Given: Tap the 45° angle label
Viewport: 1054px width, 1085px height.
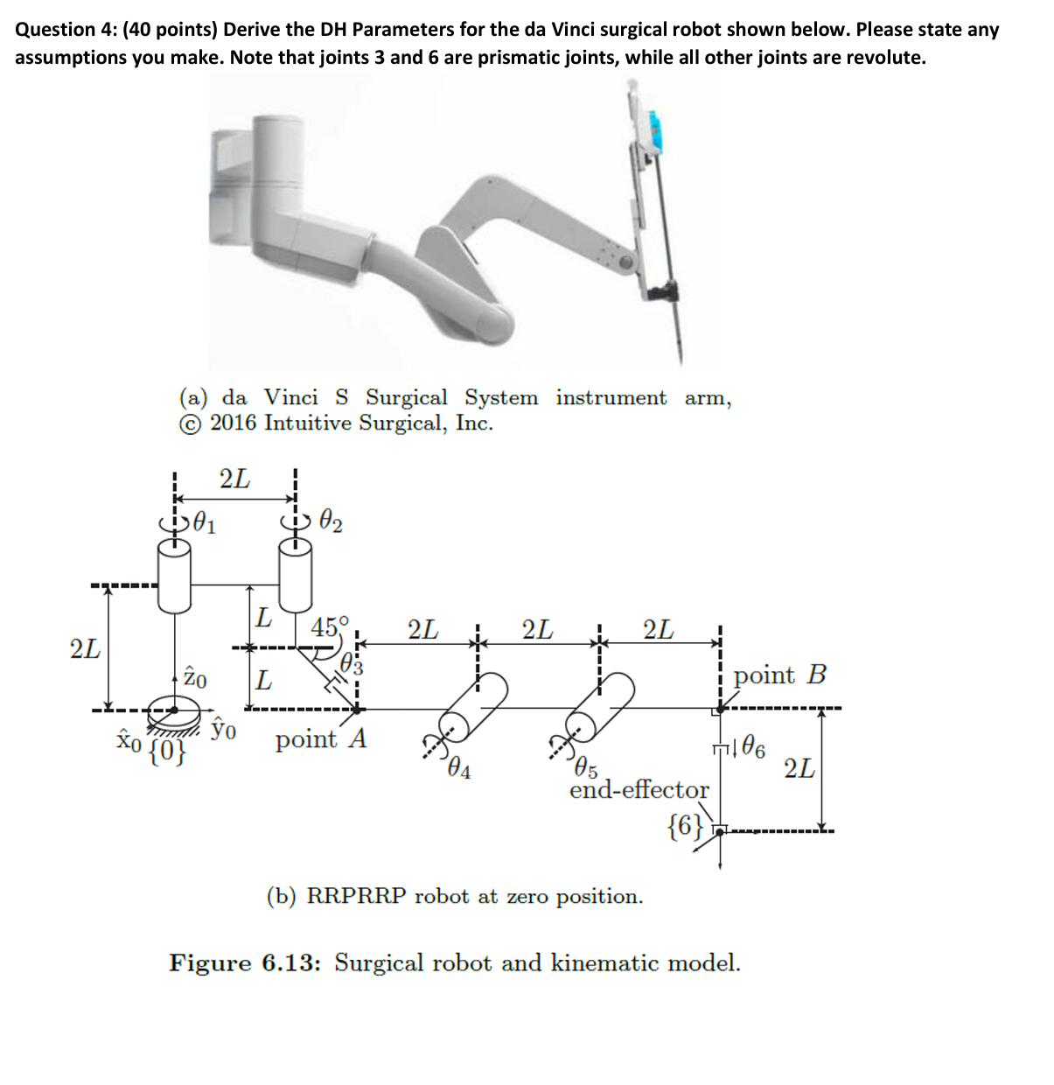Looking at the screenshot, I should (x=330, y=626).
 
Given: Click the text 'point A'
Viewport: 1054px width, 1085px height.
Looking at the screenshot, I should (x=320, y=740).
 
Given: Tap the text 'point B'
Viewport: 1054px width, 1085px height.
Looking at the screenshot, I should (x=779, y=675).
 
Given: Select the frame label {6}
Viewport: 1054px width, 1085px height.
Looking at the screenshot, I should (x=684, y=825).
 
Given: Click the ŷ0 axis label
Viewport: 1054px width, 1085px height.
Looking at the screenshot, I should (x=224, y=728).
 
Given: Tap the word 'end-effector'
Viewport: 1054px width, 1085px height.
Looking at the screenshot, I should (x=639, y=789).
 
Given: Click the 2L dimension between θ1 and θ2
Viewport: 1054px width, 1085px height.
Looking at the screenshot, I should (x=234, y=479).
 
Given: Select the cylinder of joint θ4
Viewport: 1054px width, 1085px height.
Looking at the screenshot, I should (x=474, y=707).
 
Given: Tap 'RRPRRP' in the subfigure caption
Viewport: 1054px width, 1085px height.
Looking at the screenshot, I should (x=356, y=897).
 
